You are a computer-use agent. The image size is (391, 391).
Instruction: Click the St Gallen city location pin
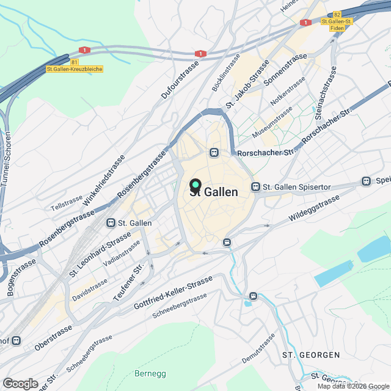(195, 184)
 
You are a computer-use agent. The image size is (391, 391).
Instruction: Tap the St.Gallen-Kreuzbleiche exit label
(75, 70)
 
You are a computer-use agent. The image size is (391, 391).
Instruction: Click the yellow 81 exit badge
(75, 62)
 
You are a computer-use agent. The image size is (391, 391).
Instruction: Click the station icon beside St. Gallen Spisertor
(256, 186)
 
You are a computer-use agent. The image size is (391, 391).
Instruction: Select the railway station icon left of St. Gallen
(111, 223)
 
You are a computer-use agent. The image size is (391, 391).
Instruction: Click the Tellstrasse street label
(67, 203)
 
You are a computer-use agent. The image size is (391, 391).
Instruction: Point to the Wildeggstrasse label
(314, 208)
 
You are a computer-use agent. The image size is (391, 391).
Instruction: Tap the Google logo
(20, 383)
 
